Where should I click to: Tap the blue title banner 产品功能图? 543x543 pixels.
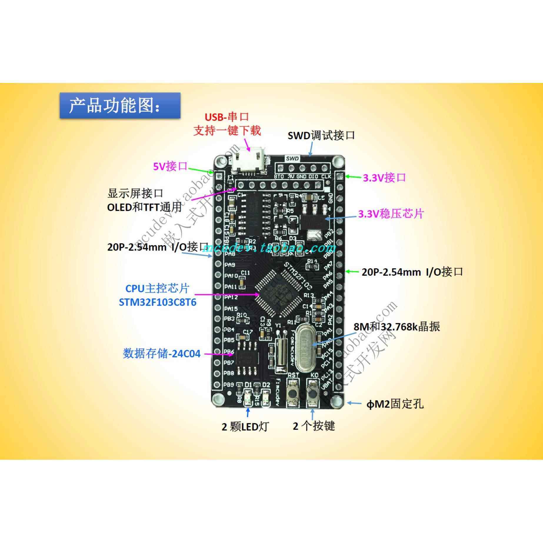click(120, 105)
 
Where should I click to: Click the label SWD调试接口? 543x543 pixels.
click(321, 136)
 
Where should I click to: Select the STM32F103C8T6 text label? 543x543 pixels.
click(157, 302)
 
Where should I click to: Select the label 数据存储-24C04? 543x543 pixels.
click(161, 353)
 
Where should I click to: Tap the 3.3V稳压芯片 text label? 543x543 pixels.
click(391, 214)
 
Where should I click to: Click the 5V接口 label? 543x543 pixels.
click(170, 166)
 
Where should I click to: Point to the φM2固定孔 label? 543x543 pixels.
click(395, 404)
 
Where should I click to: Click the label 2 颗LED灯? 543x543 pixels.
click(245, 427)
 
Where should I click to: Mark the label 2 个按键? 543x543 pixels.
click(314, 426)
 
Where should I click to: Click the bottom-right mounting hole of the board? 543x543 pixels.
click(337, 400)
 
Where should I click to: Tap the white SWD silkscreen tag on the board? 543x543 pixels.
click(292, 159)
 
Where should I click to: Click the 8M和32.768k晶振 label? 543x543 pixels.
click(397, 327)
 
